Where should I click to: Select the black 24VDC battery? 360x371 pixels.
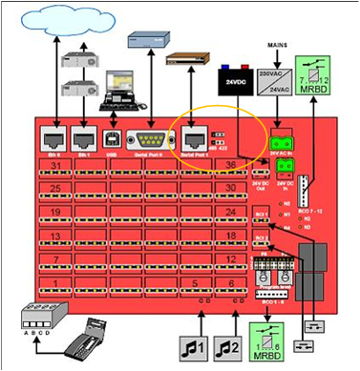point(237,81)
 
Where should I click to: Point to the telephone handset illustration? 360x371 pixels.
point(97,334)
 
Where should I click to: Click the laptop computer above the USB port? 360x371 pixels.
point(122,88)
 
